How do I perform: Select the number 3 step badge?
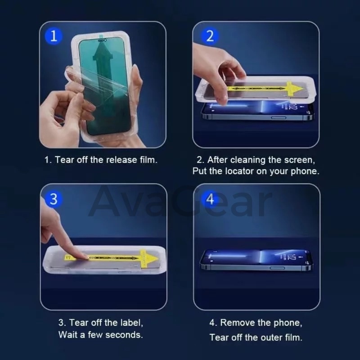click(x=54, y=198)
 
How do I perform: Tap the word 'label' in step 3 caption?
click(x=130, y=323)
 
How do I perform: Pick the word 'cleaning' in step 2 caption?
click(x=249, y=160)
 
